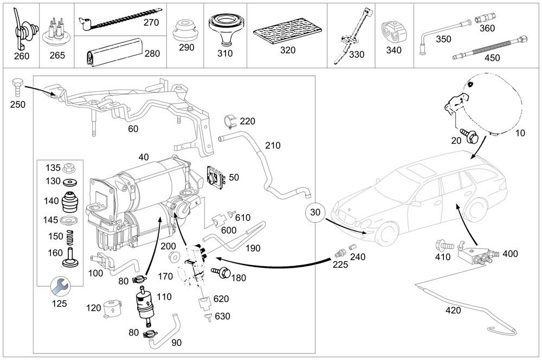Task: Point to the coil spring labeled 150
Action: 69,236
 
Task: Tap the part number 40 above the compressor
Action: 143,157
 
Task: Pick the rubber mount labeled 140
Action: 69,202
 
